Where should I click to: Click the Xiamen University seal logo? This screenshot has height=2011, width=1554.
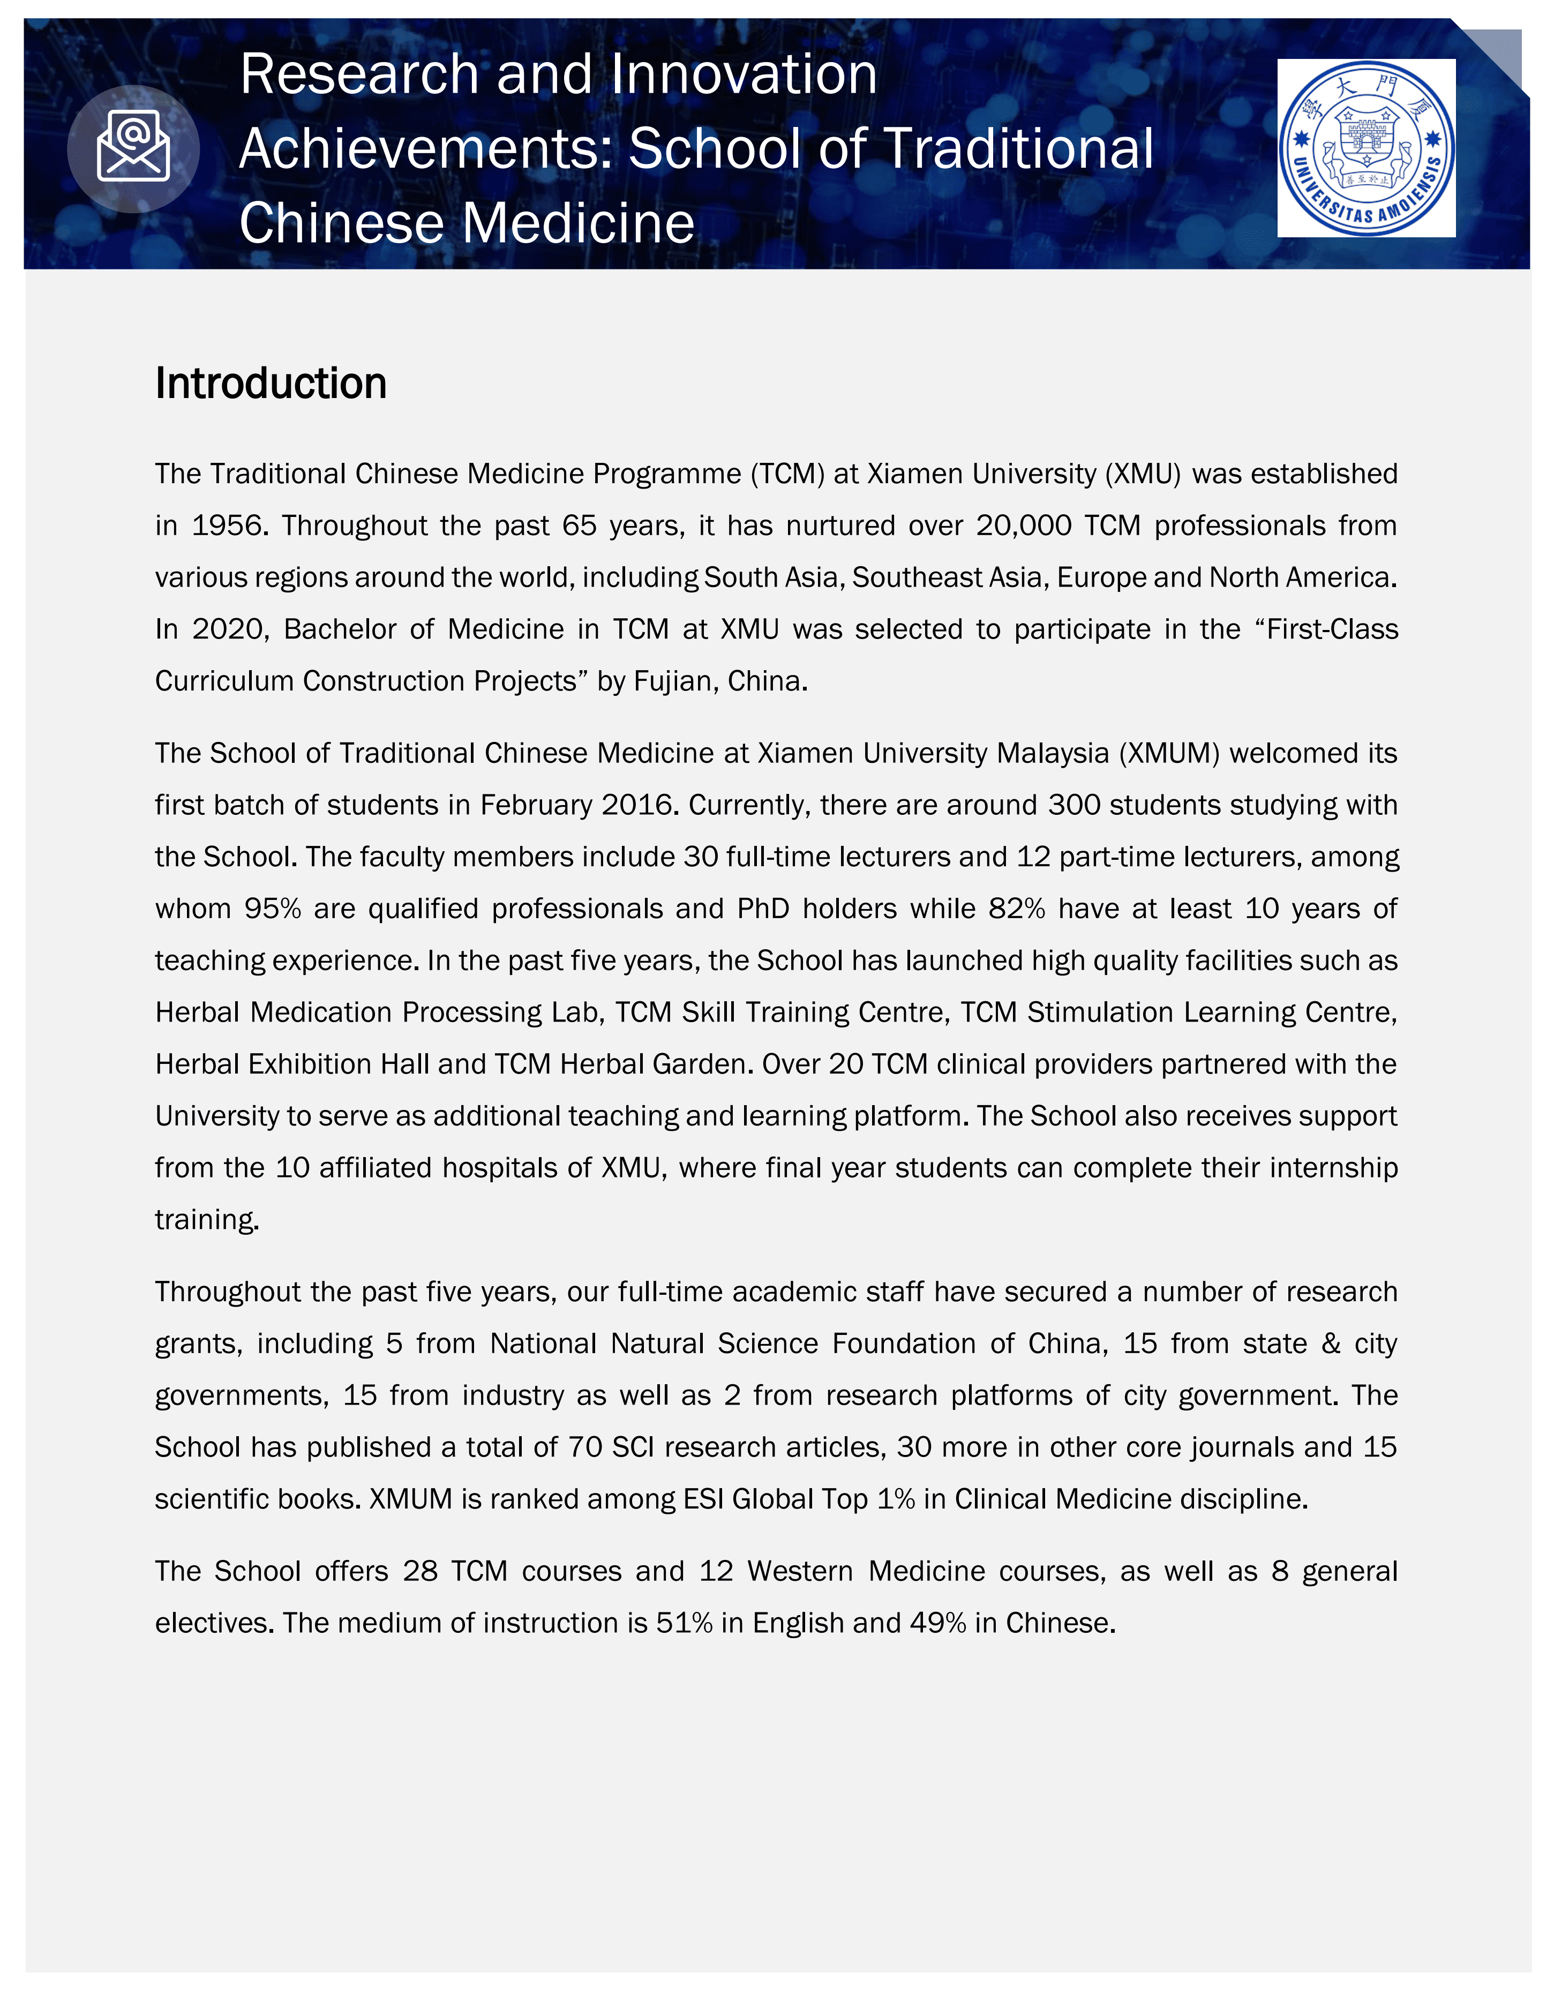pyautogui.click(x=1366, y=148)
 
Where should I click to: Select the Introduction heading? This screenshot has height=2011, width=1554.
pyautogui.click(x=271, y=383)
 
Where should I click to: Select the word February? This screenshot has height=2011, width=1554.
pyautogui.click(x=536, y=806)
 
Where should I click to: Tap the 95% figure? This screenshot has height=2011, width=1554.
pyautogui.click(x=273, y=909)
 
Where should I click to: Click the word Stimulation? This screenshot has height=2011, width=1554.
pyautogui.click(x=1100, y=1013)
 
